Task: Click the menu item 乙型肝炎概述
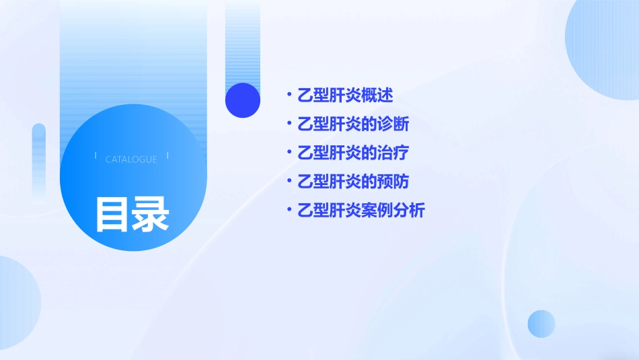click(345, 96)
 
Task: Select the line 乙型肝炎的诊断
click(353, 124)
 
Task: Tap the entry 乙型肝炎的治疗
click(353, 153)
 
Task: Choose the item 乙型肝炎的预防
click(353, 182)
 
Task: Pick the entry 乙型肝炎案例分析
click(361, 211)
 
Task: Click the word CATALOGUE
click(131, 159)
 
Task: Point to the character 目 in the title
click(112, 215)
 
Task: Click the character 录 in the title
click(151, 215)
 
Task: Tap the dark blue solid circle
click(243, 100)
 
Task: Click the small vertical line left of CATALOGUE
click(96, 155)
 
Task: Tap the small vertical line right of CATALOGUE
click(167, 155)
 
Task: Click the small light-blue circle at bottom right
click(541, 324)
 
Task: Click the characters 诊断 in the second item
click(393, 124)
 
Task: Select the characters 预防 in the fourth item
click(393, 182)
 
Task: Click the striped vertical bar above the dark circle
click(243, 40)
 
